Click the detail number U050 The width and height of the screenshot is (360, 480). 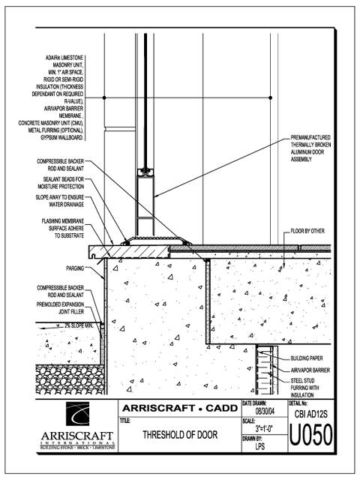(310, 435)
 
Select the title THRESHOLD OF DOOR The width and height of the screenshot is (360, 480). (180, 435)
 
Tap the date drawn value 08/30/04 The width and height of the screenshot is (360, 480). (265, 412)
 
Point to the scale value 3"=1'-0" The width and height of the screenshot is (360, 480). (264, 428)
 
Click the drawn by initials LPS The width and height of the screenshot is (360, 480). (260, 446)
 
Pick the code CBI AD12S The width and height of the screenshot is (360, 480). (310, 414)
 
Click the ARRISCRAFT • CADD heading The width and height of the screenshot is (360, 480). (180, 408)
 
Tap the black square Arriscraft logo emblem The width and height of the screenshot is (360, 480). (78, 414)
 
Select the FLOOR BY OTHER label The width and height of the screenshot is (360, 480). (307, 231)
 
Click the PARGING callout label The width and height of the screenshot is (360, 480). (75, 268)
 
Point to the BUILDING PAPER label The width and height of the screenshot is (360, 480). (307, 358)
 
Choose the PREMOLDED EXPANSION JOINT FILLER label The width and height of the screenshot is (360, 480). (60, 308)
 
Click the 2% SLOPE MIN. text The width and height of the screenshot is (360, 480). (78, 325)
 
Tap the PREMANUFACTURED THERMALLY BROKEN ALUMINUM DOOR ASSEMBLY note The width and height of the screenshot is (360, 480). (310, 148)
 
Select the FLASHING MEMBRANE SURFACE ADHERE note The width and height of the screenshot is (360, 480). (63, 228)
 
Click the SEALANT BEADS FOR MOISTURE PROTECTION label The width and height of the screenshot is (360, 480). (61, 183)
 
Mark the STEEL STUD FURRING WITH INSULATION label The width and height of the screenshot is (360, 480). (305, 388)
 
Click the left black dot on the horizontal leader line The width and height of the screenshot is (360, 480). (104, 97)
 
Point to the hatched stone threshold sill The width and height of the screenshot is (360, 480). (129, 251)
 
